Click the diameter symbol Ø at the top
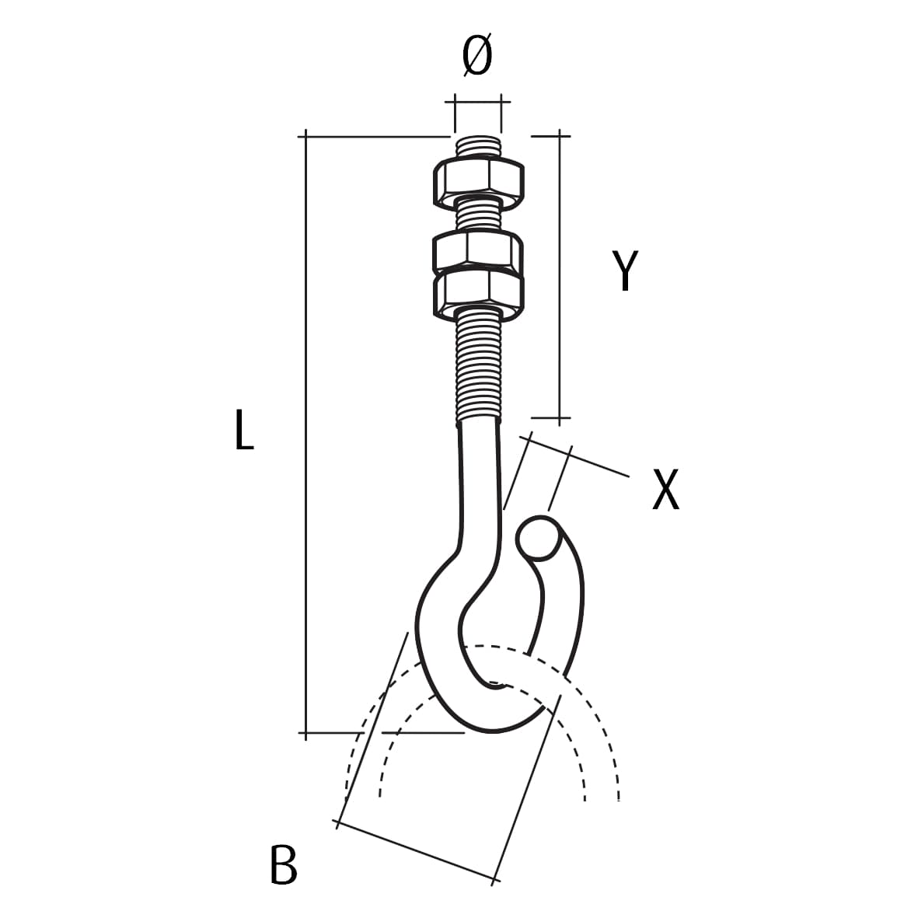pyautogui.click(x=477, y=55)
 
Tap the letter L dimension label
pyautogui.click(x=244, y=430)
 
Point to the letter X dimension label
pyautogui.click(x=665, y=490)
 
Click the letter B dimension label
pyautogui.click(x=284, y=864)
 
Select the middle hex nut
pyautogui.click(x=478, y=253)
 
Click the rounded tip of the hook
pyautogui.click(x=537, y=537)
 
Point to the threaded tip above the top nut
pyautogui.click(x=478, y=146)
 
